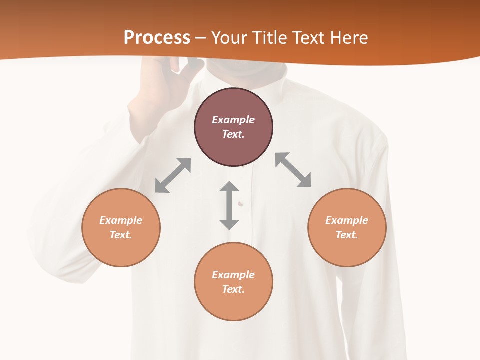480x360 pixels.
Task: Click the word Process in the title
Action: click(157, 38)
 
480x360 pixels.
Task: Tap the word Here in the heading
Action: click(348, 38)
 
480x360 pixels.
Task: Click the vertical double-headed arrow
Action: click(229, 205)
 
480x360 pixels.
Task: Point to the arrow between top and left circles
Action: click(173, 175)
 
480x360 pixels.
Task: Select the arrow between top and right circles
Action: click(293, 170)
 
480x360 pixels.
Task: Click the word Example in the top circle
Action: click(233, 120)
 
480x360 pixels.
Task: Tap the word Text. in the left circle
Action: click(121, 235)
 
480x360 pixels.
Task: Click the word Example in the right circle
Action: click(347, 220)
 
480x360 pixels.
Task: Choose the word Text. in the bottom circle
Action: click(233, 289)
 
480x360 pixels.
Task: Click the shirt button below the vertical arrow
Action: click(240, 203)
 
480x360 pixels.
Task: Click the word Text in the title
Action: click(307, 38)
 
